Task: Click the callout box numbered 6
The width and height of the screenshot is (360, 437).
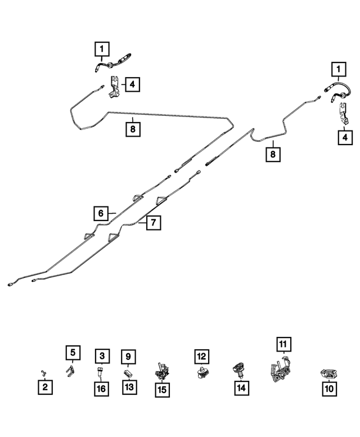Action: coord(101,214)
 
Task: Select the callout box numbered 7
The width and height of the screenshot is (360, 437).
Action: coord(154,222)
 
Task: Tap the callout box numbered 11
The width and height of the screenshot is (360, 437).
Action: coord(283,344)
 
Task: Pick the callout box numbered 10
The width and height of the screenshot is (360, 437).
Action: coord(330,389)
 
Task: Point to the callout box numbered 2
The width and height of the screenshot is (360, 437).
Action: coord(45,387)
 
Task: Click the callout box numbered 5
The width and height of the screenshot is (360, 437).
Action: coord(73,353)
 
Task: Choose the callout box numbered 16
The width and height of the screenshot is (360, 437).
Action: coord(101,389)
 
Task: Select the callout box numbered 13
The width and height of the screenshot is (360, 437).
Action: coord(129,387)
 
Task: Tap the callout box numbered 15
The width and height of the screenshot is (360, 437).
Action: coord(162,390)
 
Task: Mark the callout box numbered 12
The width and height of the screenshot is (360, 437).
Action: coord(202,357)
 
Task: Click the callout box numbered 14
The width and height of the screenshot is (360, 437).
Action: coord(241,388)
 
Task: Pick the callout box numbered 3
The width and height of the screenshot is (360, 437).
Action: coord(102,356)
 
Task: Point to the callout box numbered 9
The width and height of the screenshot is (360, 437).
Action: coord(128,357)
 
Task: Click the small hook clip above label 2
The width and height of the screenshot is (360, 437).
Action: coord(44,373)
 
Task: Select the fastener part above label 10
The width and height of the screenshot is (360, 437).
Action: coord(329,374)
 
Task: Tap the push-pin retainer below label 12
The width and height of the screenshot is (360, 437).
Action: coord(202,372)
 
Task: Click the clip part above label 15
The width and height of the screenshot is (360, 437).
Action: coord(162,372)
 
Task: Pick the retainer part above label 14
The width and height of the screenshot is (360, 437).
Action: coord(240,370)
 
